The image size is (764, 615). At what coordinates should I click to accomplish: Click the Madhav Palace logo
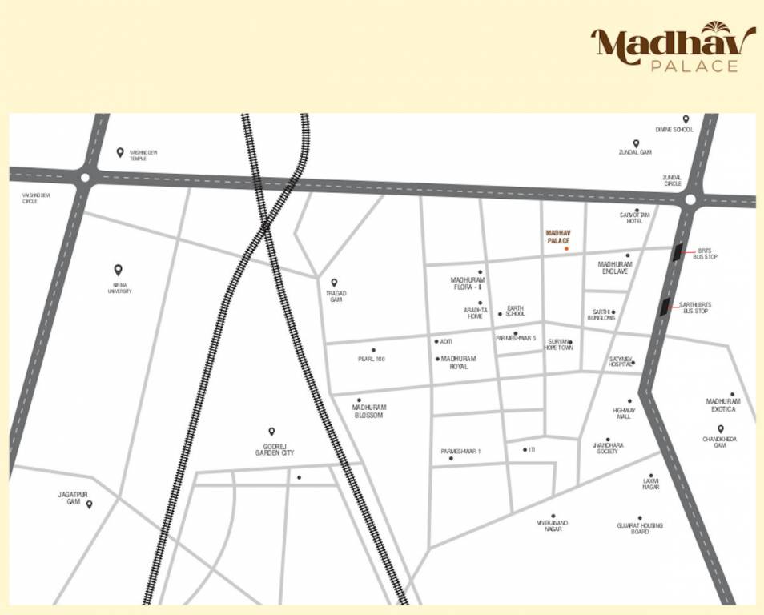coord(674,49)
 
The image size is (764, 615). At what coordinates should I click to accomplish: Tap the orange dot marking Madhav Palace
coord(566,249)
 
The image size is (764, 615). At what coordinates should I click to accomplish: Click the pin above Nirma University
coord(119,271)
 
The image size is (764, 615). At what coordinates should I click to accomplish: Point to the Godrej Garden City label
coord(275,450)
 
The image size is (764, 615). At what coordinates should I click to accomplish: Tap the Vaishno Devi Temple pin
coord(120,152)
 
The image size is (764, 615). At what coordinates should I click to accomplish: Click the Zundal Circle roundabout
coord(690,200)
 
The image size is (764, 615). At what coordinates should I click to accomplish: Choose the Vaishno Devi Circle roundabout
coord(84,178)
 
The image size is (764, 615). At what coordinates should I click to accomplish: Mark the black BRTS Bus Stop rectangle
coord(678,252)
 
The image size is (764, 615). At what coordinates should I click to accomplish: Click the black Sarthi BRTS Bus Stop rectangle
coord(665,306)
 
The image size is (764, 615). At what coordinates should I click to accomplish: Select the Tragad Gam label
coord(336,296)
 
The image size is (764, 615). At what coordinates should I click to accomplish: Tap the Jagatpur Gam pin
coord(90,504)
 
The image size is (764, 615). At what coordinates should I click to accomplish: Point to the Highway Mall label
coord(624,413)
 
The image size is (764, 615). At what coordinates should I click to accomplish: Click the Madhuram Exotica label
coord(723,405)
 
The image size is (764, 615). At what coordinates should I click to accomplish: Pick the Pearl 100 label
coord(372,360)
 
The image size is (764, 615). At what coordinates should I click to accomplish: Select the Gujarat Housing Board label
coord(640,529)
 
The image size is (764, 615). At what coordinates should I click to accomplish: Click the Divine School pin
coord(686,119)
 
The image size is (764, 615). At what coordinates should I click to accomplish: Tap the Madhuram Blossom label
coord(368,412)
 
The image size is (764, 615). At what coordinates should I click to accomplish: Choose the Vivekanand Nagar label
coord(553,526)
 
